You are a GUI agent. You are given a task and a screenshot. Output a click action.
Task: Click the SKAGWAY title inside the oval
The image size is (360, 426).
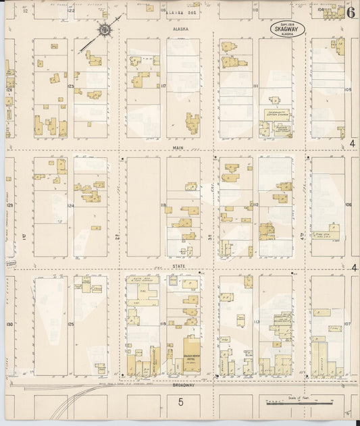pos(287,29)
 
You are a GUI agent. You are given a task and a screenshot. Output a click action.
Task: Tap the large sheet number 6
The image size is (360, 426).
pos(351,11)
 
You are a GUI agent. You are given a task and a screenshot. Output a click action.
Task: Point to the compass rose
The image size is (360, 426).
pos(105,29)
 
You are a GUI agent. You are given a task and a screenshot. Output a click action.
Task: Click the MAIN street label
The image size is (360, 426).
pos(179,147)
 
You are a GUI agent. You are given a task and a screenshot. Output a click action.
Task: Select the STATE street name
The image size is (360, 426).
pos(179,267)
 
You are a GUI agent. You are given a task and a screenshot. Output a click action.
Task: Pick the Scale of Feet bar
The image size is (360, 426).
pos(297,403)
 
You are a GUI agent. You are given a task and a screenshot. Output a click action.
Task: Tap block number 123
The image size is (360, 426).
pos(70,87)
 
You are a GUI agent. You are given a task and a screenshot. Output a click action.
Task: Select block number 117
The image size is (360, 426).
pos(163,86)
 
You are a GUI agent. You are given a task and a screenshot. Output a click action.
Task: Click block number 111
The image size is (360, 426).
pos(255,87)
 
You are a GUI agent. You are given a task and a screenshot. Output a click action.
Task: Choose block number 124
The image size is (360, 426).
pos(70,206)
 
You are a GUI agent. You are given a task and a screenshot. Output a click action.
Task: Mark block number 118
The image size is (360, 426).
pos(163,205)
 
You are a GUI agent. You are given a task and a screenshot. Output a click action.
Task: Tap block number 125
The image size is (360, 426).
pos(70,325)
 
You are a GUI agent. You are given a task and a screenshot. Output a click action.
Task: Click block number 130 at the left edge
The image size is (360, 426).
pos(9,325)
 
